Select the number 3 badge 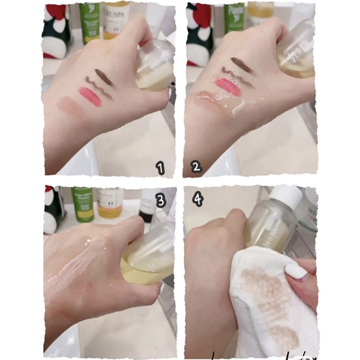(160, 201)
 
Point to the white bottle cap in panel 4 (286, 197)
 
